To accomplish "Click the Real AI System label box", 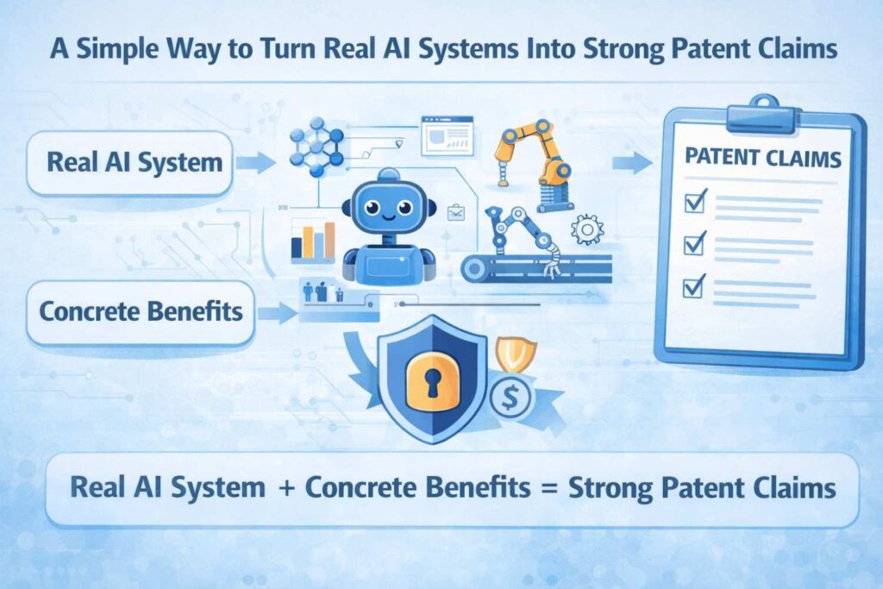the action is (129, 163).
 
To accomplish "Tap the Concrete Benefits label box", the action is (141, 312).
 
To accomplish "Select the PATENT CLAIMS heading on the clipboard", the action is (762, 158).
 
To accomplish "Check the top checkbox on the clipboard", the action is (695, 201).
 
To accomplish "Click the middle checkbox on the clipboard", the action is (694, 243).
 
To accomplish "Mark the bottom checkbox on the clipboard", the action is (693, 286).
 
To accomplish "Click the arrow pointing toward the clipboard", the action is (632, 163).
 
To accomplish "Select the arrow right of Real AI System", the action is (255, 163).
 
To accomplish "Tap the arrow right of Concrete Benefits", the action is (278, 312).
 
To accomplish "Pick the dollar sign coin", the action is (510, 398).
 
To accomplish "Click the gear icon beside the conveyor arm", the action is (586, 229).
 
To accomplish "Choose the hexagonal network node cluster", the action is (316, 147).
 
